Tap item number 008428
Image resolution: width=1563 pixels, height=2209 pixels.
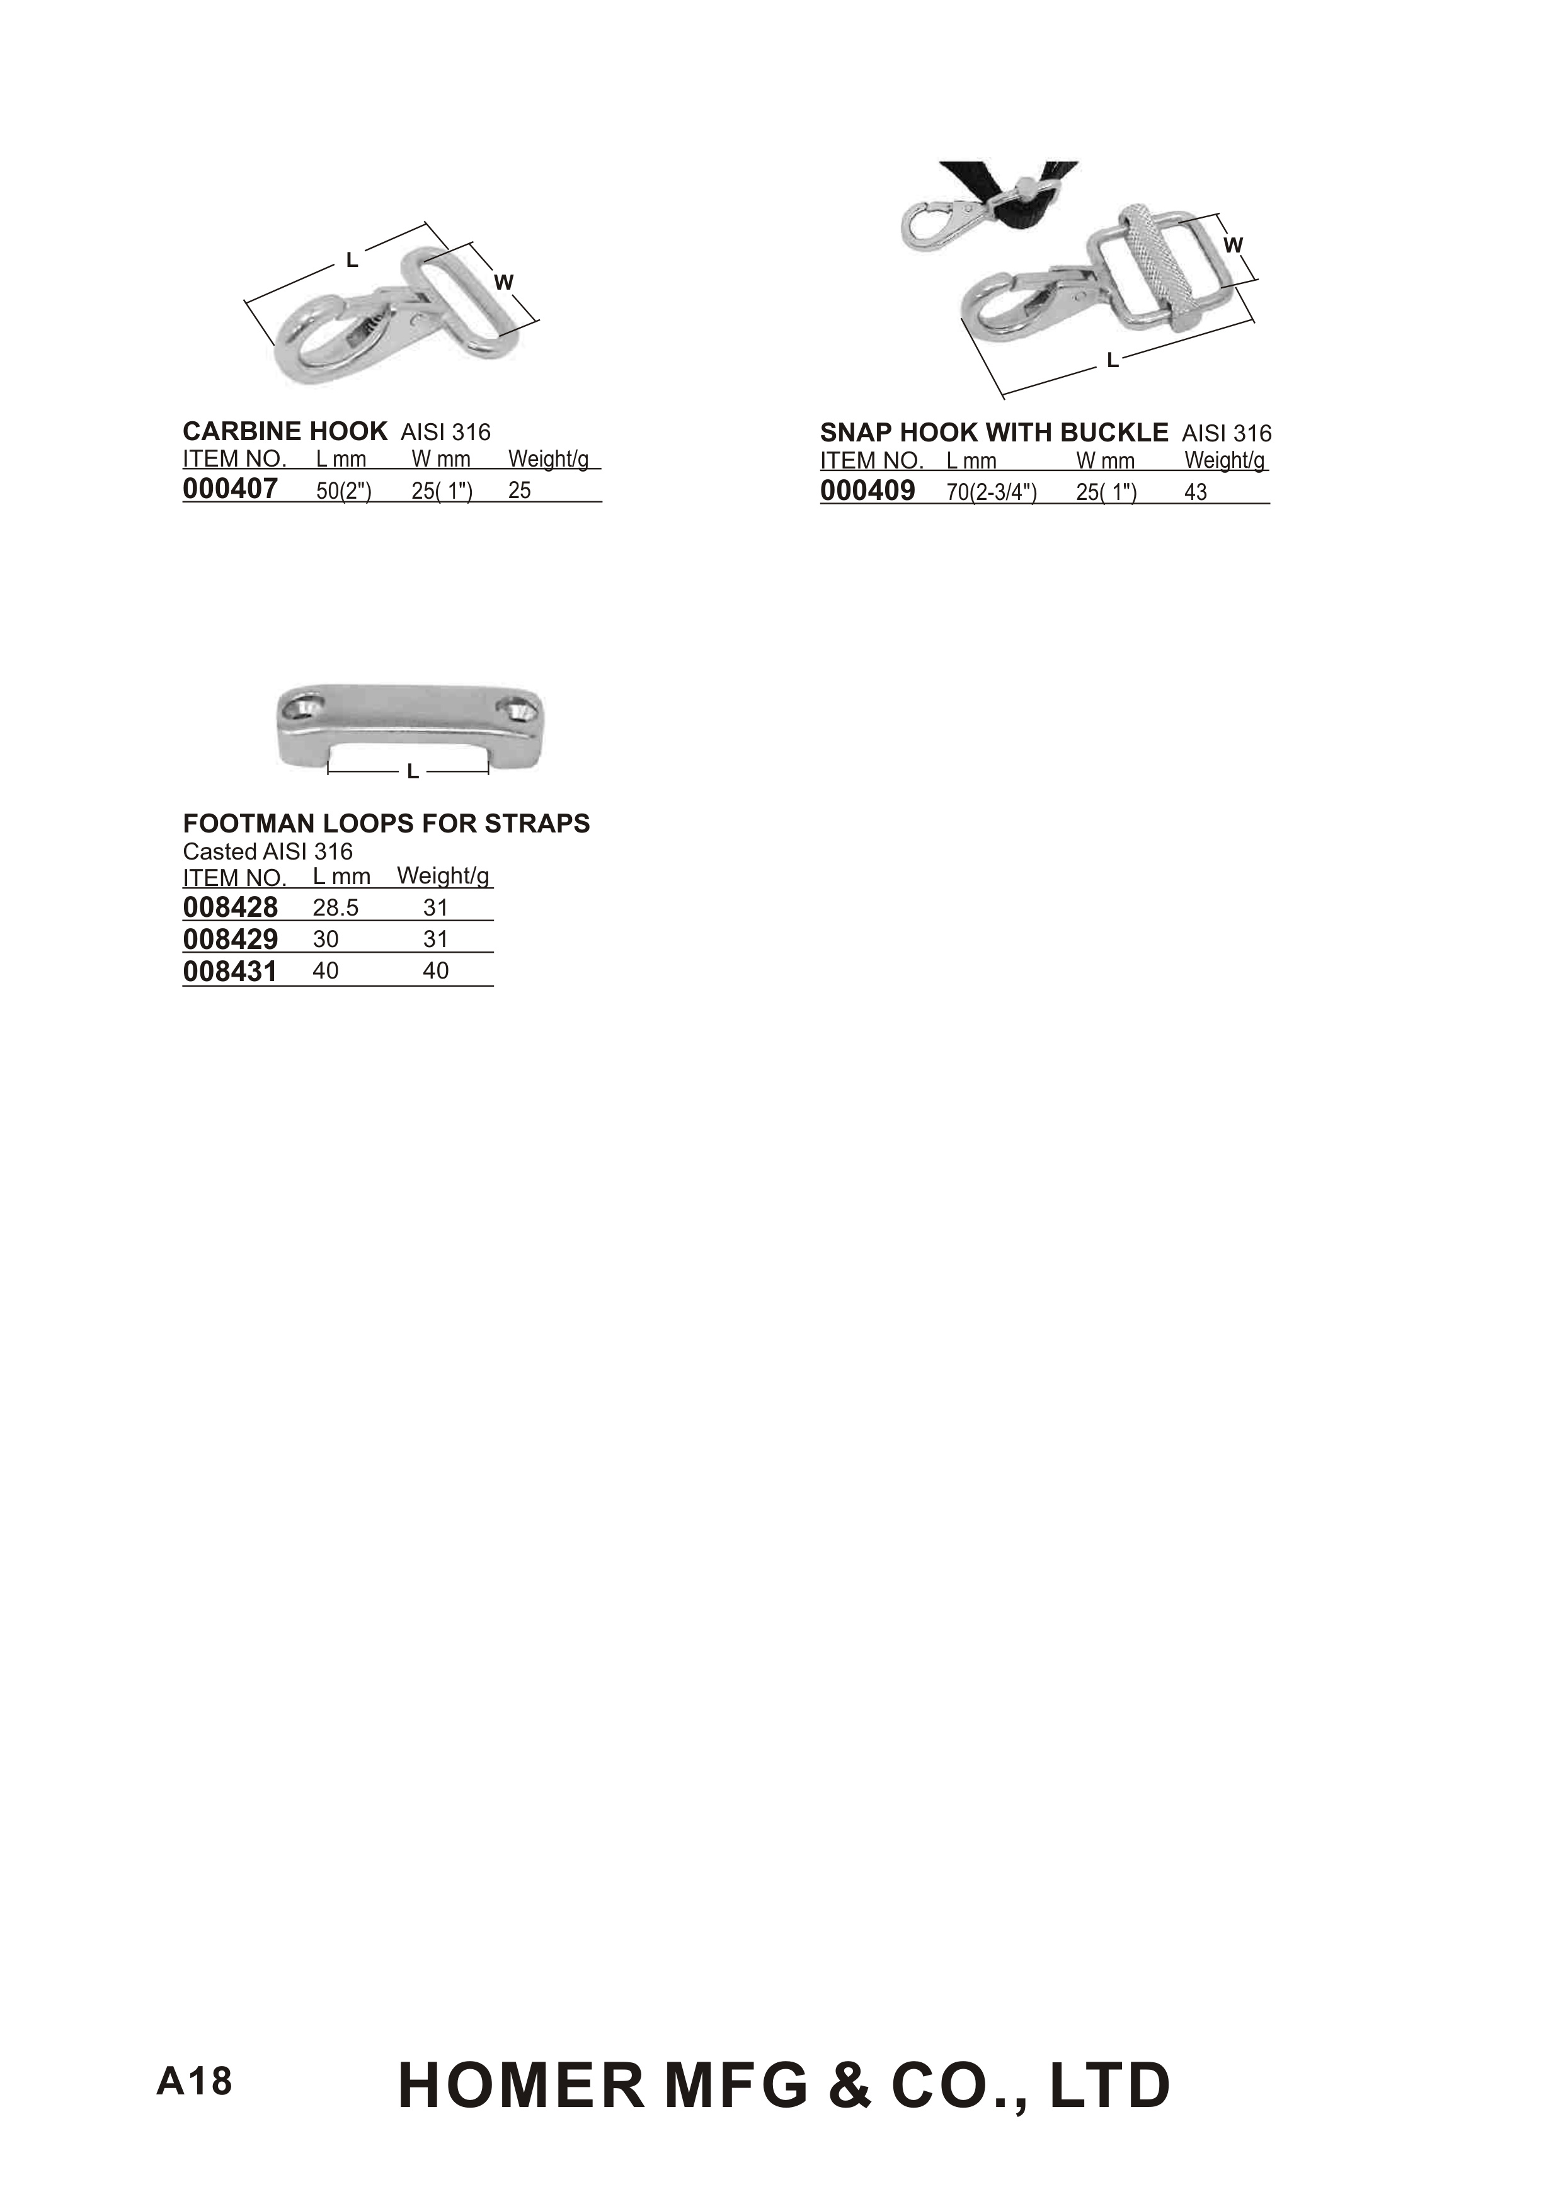[x=230, y=907]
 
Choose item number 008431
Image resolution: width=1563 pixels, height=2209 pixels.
[x=230, y=972]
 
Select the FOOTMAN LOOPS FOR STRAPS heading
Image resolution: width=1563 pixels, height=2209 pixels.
[x=386, y=824]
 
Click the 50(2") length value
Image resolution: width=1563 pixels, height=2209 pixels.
[x=343, y=491]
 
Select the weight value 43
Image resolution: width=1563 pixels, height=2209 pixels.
[x=1195, y=492]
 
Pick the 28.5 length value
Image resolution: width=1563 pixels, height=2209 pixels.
[x=335, y=908]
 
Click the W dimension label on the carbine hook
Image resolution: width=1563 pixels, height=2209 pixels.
[x=503, y=282]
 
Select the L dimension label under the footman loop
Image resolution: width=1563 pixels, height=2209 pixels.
[x=412, y=771]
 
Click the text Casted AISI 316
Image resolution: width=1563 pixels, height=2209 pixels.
[x=268, y=851]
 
